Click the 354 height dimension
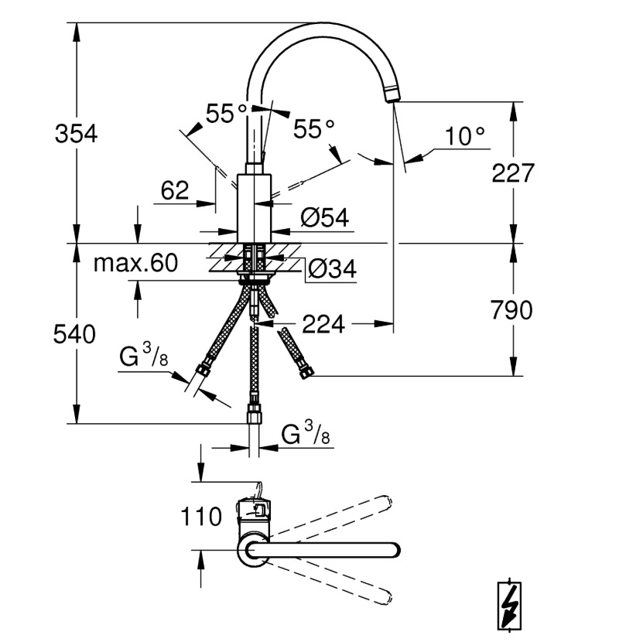(76, 134)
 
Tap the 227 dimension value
(513, 172)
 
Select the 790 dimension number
(511, 310)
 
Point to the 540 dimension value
(74, 333)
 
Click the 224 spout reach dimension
(323, 324)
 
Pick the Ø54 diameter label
(325, 217)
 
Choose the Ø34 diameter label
(332, 268)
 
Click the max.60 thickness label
(135, 262)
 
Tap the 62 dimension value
(175, 190)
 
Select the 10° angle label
(465, 136)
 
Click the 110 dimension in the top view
(201, 516)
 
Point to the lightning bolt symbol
(509, 606)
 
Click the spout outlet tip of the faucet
(393, 95)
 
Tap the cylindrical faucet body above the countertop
(255, 208)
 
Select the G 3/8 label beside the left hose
(144, 355)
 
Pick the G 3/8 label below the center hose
(306, 434)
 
